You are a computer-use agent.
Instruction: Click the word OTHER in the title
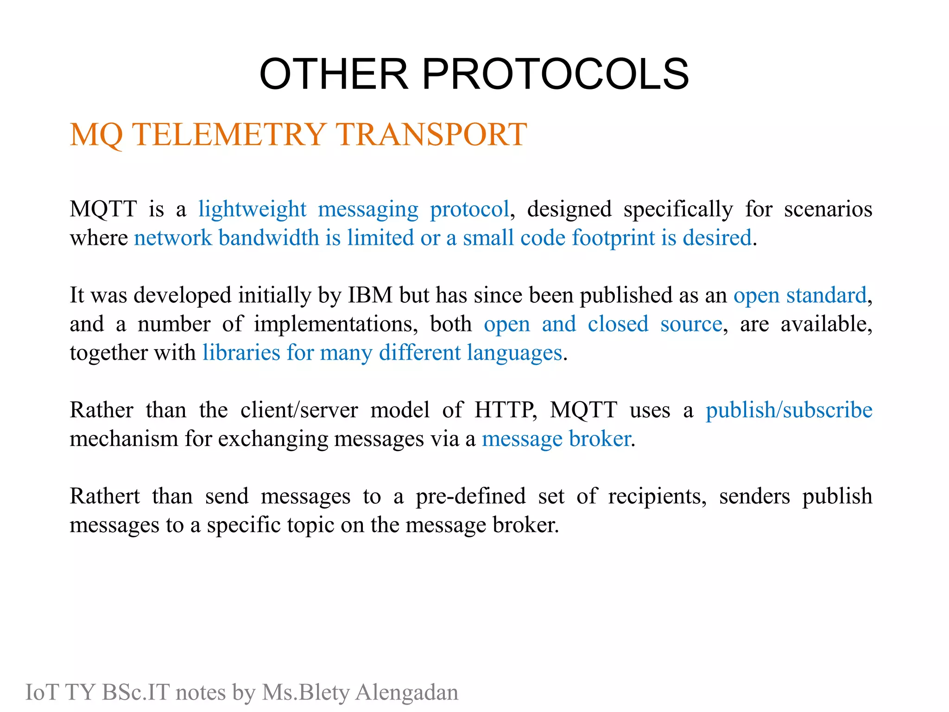334,74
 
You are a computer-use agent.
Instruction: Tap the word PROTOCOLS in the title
555,74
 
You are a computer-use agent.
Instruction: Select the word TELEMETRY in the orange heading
230,134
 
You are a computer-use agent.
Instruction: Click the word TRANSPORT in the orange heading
431,134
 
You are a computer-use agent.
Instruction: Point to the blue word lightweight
253,210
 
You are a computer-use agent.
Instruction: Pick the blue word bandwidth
269,238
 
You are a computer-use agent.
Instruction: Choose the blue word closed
618,324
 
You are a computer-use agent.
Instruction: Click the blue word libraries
241,353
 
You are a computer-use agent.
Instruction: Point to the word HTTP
505,410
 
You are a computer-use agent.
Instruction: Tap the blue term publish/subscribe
789,410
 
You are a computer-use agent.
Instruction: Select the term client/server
299,410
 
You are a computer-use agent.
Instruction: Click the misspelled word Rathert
105,496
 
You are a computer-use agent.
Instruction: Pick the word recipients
657,496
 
